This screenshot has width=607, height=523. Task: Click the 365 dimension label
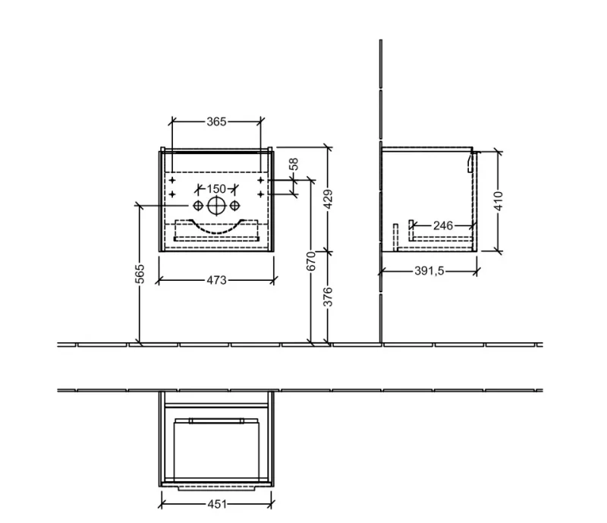click(216, 121)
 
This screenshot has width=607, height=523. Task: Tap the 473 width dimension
click(216, 280)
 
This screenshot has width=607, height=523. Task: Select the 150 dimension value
click(216, 189)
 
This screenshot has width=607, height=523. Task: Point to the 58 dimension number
click(294, 164)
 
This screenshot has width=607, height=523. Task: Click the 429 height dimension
click(328, 199)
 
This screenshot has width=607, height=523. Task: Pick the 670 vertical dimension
click(311, 260)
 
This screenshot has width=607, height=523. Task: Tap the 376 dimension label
click(328, 297)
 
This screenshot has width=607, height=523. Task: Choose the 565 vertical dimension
click(140, 273)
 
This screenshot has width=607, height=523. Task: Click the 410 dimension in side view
click(498, 201)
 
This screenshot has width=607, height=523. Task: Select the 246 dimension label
click(443, 225)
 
